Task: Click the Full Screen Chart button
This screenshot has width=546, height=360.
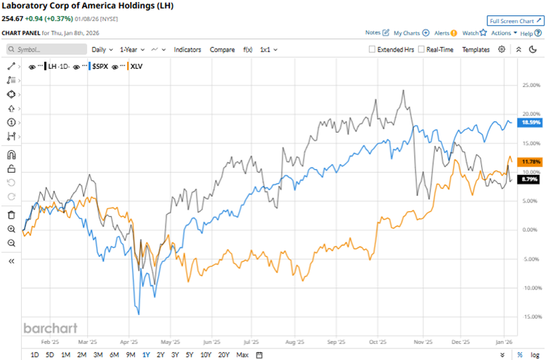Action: [x=515, y=21]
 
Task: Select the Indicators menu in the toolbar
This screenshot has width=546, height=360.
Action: [x=188, y=49]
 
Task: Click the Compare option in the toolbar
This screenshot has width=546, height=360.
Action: [x=222, y=49]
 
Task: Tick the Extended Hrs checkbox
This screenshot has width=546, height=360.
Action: [x=372, y=49]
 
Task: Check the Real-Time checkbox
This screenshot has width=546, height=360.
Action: [x=422, y=49]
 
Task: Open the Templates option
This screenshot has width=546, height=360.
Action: [x=476, y=49]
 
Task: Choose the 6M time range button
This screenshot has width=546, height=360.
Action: [x=114, y=354]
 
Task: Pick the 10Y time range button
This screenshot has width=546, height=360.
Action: [x=205, y=354]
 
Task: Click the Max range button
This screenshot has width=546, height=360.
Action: [x=243, y=354]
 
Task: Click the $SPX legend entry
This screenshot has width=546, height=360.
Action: [x=99, y=66]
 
